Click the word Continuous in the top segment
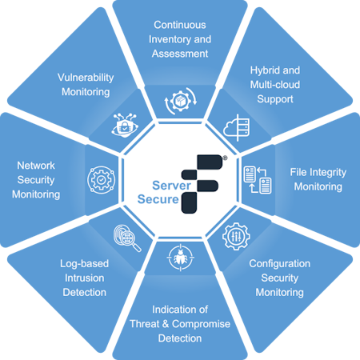180,25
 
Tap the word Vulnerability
86,78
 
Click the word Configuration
280,264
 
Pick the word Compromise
201,324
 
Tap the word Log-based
84,264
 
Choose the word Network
36,166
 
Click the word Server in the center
171,186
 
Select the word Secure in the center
158,199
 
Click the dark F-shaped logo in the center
202,184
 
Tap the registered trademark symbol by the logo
225,158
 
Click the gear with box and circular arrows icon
181,101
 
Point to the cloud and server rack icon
237,127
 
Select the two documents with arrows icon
258,180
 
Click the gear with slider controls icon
236,236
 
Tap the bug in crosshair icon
181,258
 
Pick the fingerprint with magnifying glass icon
127,238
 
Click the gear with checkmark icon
102,180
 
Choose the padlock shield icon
125,125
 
